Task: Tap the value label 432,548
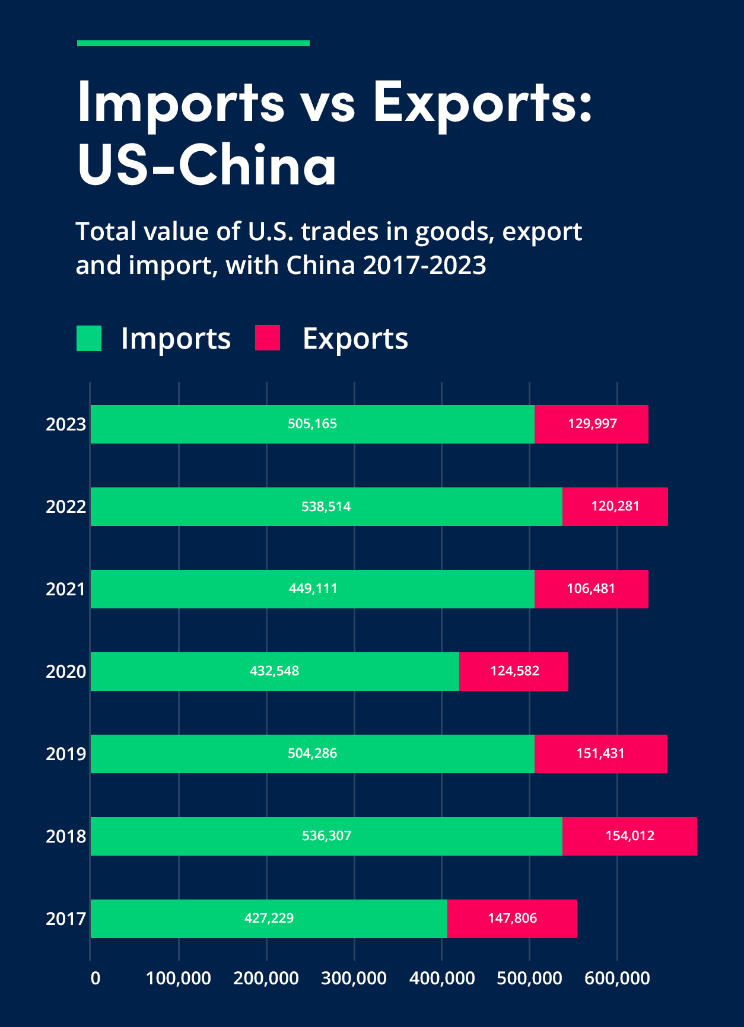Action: [x=274, y=671]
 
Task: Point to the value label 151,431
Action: [x=600, y=753]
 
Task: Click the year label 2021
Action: [x=66, y=589]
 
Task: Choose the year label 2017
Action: [x=66, y=918]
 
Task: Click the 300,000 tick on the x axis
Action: [x=354, y=978]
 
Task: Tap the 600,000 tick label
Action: [x=617, y=978]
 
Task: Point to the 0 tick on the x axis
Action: [x=95, y=978]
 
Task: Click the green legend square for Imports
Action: [x=89, y=338]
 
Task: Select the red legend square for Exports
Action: [x=267, y=338]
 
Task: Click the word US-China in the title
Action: [x=206, y=165]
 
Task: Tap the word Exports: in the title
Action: [x=482, y=102]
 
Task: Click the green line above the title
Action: [x=193, y=43]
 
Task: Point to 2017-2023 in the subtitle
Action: [x=424, y=264]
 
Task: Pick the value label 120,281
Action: [x=615, y=506]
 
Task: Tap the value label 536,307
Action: [x=326, y=835]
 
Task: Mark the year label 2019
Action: [x=66, y=754]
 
